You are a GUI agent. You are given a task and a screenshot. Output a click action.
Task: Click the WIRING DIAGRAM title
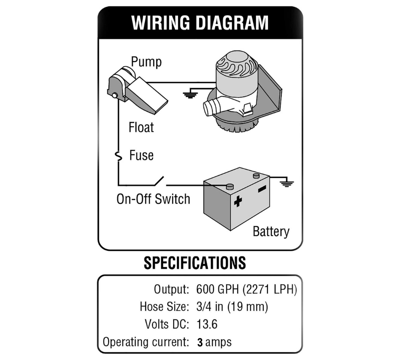point(200,23)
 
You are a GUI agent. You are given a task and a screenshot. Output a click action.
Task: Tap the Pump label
point(146,62)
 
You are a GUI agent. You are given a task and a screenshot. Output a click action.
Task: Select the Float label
point(141,128)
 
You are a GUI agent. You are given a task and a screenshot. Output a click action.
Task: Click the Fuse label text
point(141,155)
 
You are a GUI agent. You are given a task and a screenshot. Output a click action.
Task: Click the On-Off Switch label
point(153,199)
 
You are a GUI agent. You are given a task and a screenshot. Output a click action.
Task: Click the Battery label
point(271,231)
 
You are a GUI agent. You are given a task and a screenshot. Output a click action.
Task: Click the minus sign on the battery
point(262,188)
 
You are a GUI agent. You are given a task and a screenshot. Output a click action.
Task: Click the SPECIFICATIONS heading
point(194,263)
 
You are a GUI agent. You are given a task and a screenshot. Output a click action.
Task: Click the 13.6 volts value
point(207,324)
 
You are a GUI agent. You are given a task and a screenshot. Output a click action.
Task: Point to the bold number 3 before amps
point(200,342)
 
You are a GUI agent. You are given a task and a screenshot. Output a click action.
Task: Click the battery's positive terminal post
point(230,186)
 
